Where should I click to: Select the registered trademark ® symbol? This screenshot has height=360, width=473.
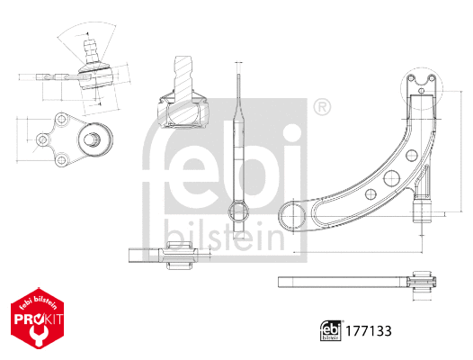click(x=321, y=109)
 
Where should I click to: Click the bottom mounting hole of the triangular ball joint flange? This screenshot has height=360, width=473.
click(x=63, y=160)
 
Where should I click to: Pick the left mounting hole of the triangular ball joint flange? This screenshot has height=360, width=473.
click(x=42, y=139)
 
